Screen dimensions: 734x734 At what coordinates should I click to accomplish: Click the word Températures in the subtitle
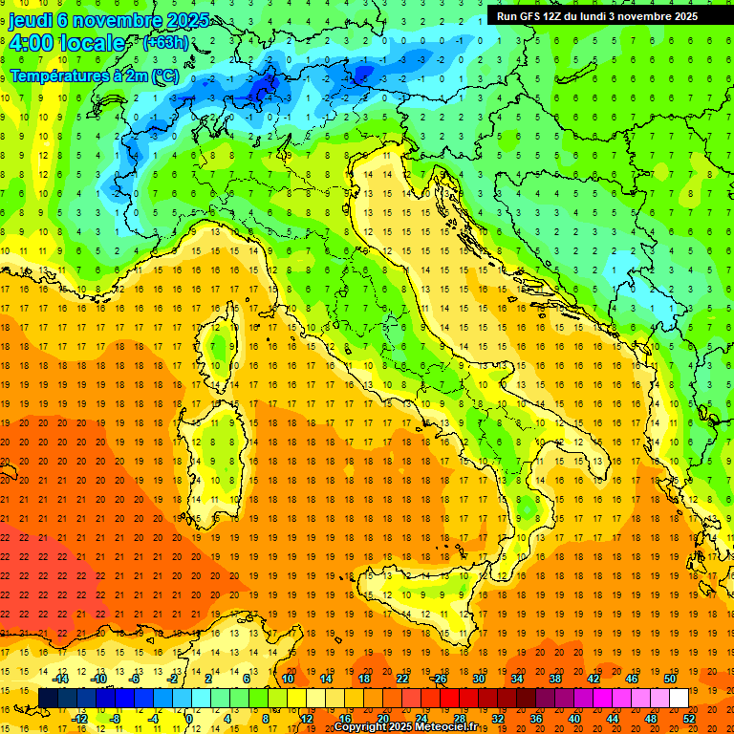pyautogui.click(x=56, y=76)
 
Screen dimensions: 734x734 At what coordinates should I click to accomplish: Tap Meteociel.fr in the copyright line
pyautogui.click(x=453, y=726)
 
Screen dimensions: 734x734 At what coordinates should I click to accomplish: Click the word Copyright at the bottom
pyautogui.click(x=362, y=726)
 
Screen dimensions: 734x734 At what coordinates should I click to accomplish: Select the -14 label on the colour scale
pyautogui.click(x=60, y=679)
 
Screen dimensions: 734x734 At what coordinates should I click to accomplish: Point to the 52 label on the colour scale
pyautogui.click(x=688, y=718)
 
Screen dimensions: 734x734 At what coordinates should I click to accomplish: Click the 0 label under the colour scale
pyautogui.click(x=189, y=718)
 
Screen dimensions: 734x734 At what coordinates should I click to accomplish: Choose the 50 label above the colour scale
pyautogui.click(x=670, y=679)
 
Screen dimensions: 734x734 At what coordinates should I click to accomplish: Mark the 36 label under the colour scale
pyautogui.click(x=535, y=718)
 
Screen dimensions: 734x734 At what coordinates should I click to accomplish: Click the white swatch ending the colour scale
pyautogui.click(x=679, y=698)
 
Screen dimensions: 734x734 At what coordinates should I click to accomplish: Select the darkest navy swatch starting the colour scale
pyautogui.click(x=48, y=698)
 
